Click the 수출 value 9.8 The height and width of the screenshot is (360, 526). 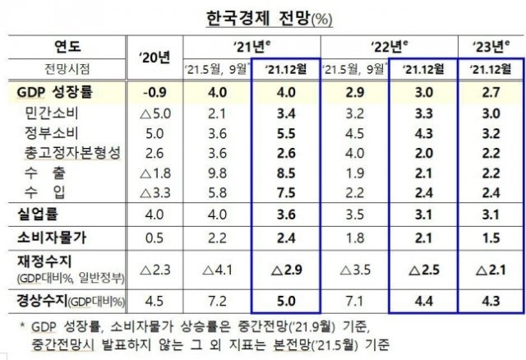217,173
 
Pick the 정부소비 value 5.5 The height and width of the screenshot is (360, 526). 287,133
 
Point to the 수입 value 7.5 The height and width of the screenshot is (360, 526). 287,193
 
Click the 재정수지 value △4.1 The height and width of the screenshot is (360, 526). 217,268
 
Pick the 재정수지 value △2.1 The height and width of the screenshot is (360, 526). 491,268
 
